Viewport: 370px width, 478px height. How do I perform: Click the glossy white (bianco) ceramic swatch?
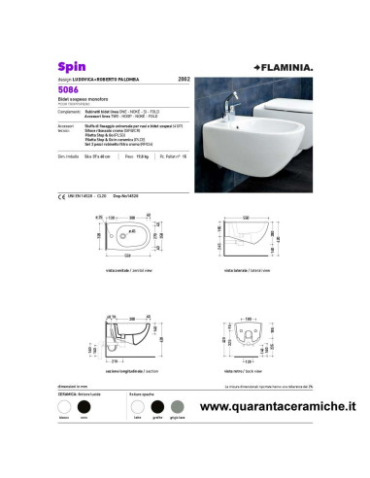coord(65,410)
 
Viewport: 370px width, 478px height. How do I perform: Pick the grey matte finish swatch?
coord(177,410)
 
